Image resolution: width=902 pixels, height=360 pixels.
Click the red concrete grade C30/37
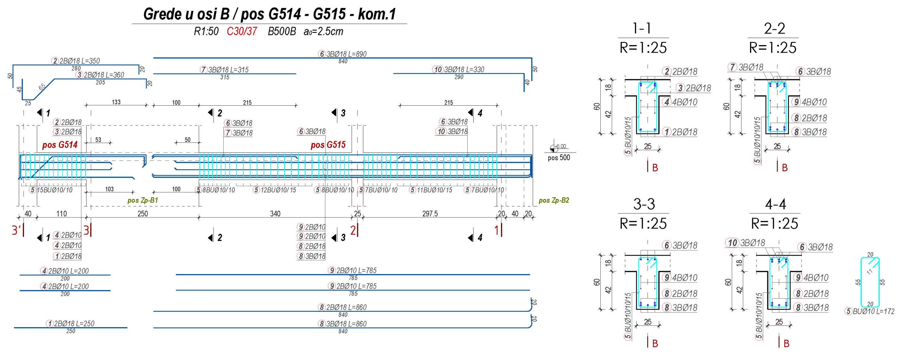pyautogui.click(x=242, y=31)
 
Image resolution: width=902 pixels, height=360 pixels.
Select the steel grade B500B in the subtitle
pyautogui.click(x=282, y=31)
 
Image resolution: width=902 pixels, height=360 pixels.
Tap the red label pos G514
pyautogui.click(x=60, y=145)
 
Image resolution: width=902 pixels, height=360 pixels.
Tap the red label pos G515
pyautogui.click(x=328, y=145)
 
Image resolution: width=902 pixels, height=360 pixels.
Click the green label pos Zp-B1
pyautogui.click(x=143, y=200)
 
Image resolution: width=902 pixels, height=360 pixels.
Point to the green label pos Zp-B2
pyautogui.click(x=554, y=200)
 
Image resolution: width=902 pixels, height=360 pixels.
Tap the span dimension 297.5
pyautogui.click(x=430, y=214)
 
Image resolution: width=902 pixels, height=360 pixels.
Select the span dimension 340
pyautogui.click(x=275, y=214)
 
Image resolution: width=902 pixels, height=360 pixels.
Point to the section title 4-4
pyautogui.click(x=775, y=204)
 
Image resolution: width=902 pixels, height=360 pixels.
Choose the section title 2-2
pyautogui.click(x=774, y=28)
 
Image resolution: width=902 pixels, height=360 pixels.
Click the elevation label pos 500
pyautogui.click(x=559, y=158)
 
